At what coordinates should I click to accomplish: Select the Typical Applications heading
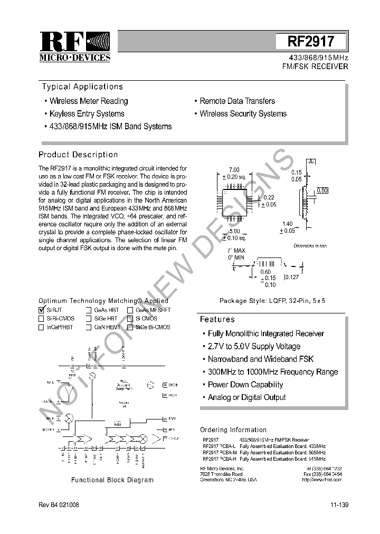(x=82, y=87)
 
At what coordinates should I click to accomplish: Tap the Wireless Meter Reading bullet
(x=89, y=101)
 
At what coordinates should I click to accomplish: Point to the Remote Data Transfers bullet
(x=237, y=101)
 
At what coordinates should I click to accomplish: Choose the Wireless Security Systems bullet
(x=243, y=113)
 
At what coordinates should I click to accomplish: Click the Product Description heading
(x=78, y=155)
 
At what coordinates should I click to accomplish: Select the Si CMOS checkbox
(x=130, y=319)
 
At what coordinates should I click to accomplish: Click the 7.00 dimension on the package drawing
(x=233, y=169)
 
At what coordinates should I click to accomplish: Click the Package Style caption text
(x=272, y=300)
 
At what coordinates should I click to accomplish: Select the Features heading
(x=217, y=319)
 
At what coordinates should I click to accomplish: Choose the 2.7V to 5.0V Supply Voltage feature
(x=254, y=346)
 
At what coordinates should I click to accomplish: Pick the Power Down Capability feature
(x=245, y=385)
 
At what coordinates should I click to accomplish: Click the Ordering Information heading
(x=233, y=430)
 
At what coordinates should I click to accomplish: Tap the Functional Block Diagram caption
(x=112, y=480)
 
